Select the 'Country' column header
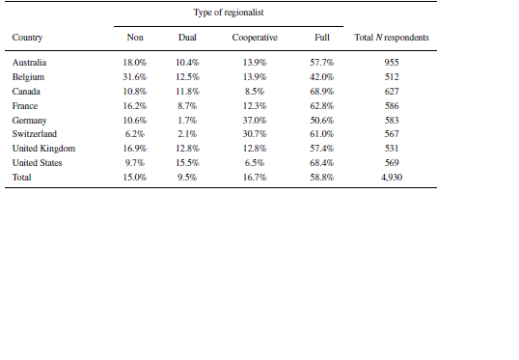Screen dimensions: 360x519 (x=27, y=38)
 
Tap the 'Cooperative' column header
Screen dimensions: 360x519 (x=255, y=38)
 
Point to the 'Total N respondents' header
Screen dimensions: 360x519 (x=392, y=38)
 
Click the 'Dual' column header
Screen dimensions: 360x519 (x=187, y=38)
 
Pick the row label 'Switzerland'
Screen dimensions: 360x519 (x=34, y=134)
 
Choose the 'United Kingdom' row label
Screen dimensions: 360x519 (x=43, y=149)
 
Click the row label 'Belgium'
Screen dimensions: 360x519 (x=28, y=76)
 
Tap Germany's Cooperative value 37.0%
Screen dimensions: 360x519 (x=255, y=120)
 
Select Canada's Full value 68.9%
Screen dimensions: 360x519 (x=322, y=91)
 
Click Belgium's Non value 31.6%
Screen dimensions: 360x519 (x=136, y=76)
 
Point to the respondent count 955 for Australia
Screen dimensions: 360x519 (x=392, y=62)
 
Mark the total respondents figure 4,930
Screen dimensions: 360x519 (x=392, y=178)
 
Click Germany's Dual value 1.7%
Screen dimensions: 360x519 (x=187, y=120)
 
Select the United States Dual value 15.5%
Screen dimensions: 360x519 (x=187, y=163)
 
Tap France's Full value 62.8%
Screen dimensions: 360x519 (x=322, y=105)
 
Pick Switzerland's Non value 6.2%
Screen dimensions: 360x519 (x=136, y=134)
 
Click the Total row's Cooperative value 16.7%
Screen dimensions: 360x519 (x=255, y=178)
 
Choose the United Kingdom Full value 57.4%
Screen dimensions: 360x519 (x=322, y=149)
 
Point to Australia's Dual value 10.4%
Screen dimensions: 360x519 (x=187, y=62)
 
